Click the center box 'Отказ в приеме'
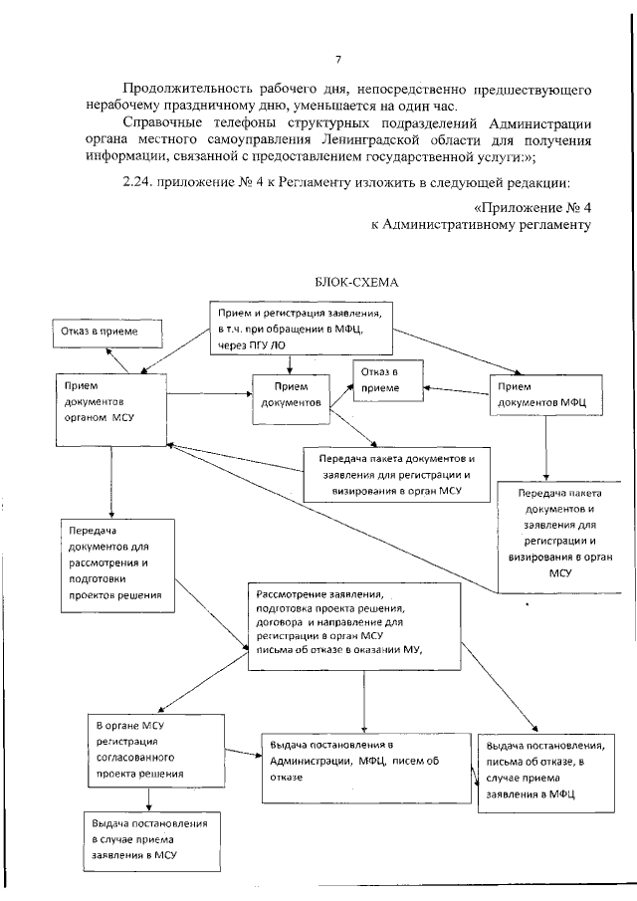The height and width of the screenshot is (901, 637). tap(384, 381)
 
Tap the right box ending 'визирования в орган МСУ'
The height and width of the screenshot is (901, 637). tap(558, 533)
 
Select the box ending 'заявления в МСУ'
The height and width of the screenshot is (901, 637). tap(149, 839)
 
